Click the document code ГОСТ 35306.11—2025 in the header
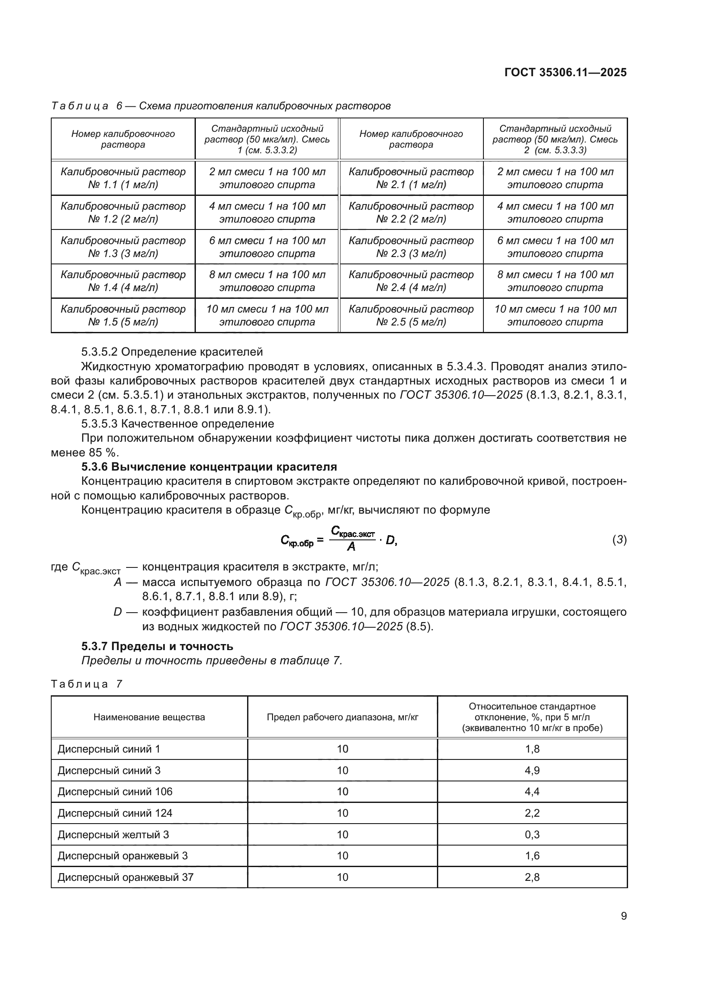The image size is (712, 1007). (565, 72)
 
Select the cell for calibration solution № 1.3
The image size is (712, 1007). (123, 247)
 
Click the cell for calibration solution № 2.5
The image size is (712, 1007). (411, 315)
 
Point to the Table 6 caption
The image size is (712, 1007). (220, 106)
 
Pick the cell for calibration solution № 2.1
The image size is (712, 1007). (411, 178)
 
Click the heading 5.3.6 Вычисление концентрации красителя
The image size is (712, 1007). (209, 467)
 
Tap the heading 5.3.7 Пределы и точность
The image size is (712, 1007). (157, 646)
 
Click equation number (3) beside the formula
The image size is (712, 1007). (619, 540)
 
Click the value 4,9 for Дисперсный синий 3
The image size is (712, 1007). (532, 770)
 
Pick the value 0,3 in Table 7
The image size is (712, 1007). (532, 834)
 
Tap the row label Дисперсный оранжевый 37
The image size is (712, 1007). (125, 877)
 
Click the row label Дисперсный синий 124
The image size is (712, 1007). (115, 813)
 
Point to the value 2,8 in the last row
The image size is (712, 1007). (532, 877)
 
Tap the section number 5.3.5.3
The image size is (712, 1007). (99, 424)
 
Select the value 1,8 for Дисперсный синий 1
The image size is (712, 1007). (532, 749)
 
